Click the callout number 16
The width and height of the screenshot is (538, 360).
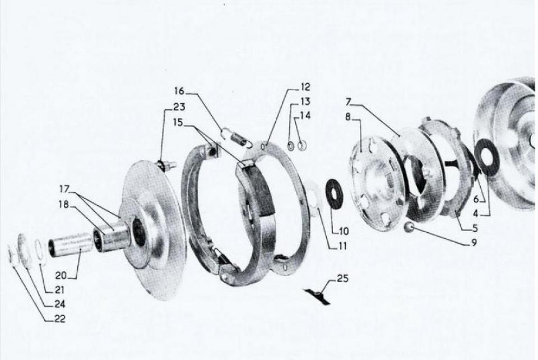(179, 91)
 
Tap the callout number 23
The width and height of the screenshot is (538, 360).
(179, 107)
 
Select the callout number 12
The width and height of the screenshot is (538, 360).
(305, 87)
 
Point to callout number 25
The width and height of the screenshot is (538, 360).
(342, 278)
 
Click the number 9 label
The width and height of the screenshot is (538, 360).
(474, 243)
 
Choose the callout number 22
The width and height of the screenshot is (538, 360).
(60, 319)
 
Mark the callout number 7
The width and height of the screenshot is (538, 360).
(348, 102)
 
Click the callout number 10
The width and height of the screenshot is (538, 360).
(344, 231)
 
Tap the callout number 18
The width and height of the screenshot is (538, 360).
(64, 205)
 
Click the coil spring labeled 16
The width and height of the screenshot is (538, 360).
(236, 137)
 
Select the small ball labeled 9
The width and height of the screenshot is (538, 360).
(409, 228)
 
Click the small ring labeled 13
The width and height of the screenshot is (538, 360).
(291, 146)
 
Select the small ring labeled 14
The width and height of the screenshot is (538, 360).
(302, 146)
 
